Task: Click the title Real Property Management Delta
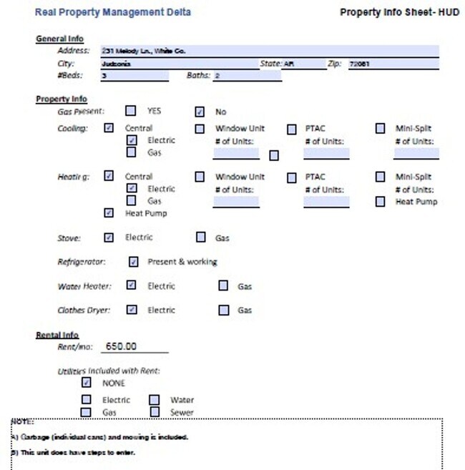[x=113, y=12]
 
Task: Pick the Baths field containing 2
[x=247, y=76]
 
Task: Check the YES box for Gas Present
[x=131, y=111]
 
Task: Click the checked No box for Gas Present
[x=200, y=112]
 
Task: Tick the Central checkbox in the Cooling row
[x=109, y=128]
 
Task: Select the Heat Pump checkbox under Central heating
[x=109, y=212]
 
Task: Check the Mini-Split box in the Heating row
[x=381, y=176]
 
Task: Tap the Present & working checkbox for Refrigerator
[x=133, y=262]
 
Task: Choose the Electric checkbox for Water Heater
[x=131, y=285]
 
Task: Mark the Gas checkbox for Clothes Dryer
[x=224, y=310]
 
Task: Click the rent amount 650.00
[x=121, y=346]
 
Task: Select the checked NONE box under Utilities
[x=87, y=382]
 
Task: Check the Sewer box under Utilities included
[x=155, y=412]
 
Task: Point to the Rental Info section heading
[x=57, y=335]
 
